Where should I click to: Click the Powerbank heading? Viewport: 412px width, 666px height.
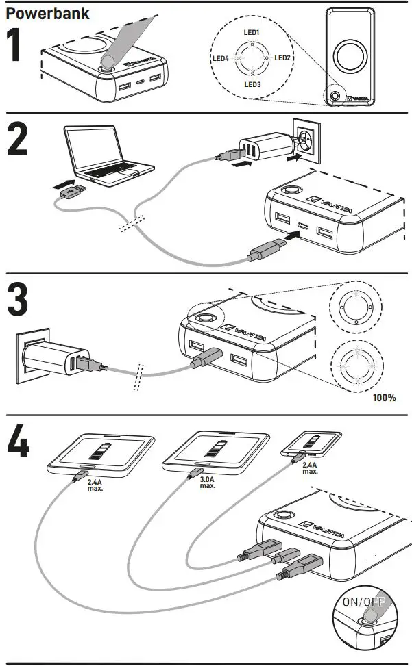click(x=48, y=12)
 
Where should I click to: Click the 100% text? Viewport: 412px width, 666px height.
click(x=385, y=397)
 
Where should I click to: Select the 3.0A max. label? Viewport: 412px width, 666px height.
click(x=207, y=483)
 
